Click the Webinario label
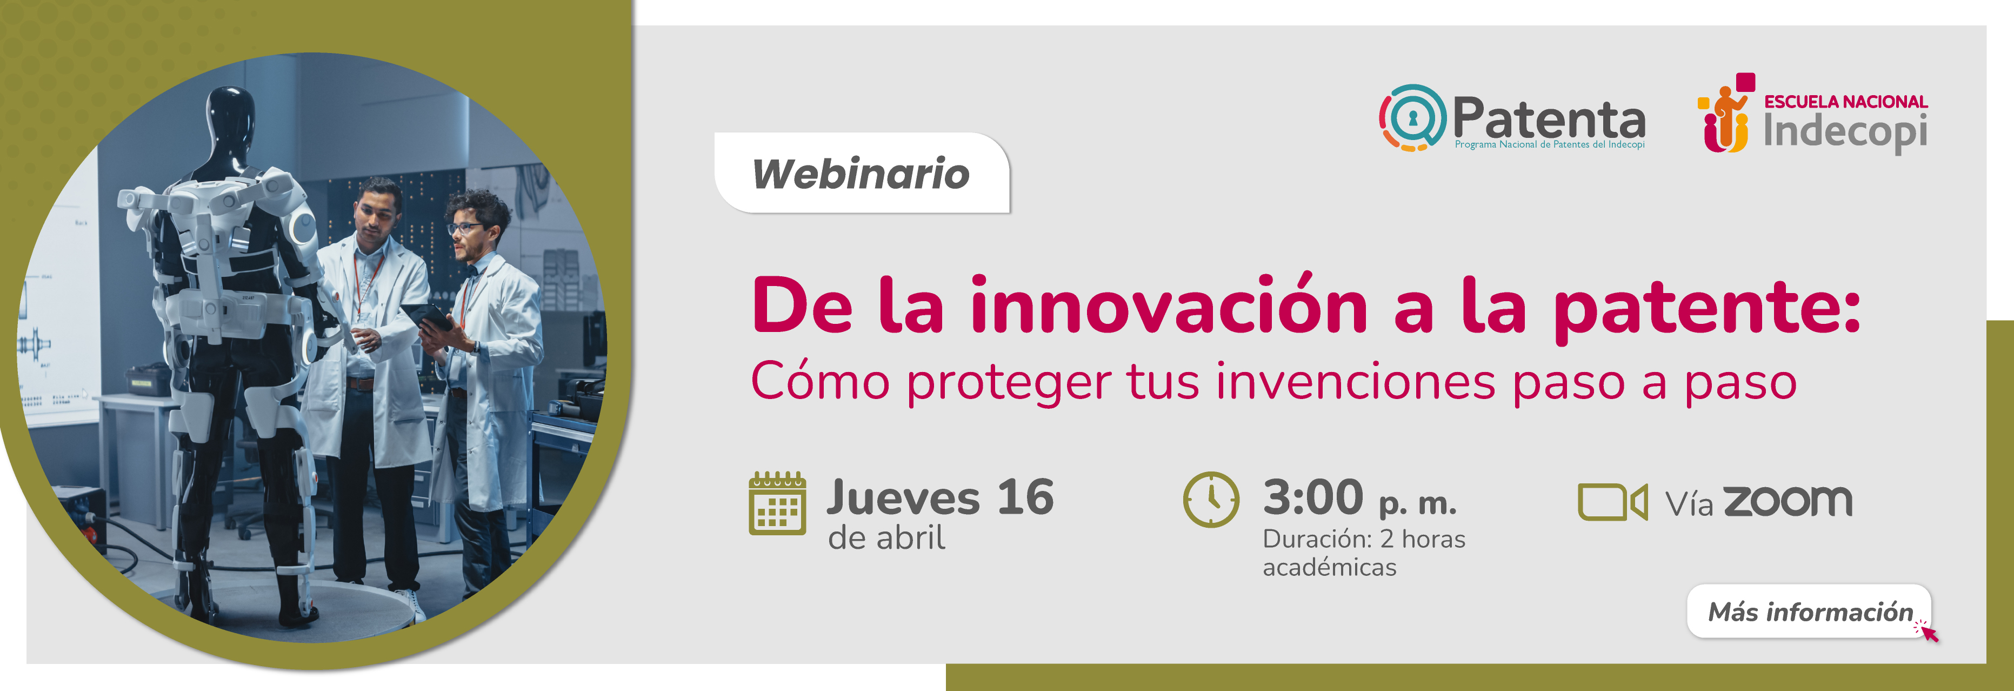[861, 173]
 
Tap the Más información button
[1809, 612]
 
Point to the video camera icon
[1612, 502]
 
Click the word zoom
[1788, 501]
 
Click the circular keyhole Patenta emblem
[1412, 117]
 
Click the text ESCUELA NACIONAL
[1846, 102]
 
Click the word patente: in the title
[1707, 310]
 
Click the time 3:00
[1313, 497]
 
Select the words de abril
[886, 538]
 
